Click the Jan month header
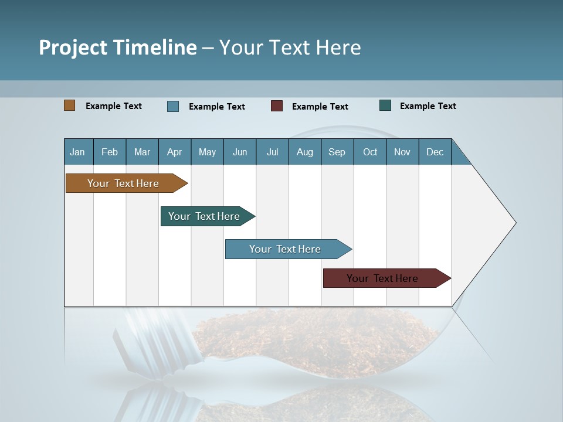[78, 152]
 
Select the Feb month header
[110, 152]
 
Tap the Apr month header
[175, 152]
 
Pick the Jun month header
[240, 152]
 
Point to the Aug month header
[305, 152]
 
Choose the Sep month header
[337, 152]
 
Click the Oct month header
[370, 152]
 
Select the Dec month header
[435, 152]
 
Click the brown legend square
[69, 105]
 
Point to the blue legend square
[173, 106]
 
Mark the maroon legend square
[277, 106]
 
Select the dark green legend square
[385, 105]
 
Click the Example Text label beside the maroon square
[320, 107]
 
